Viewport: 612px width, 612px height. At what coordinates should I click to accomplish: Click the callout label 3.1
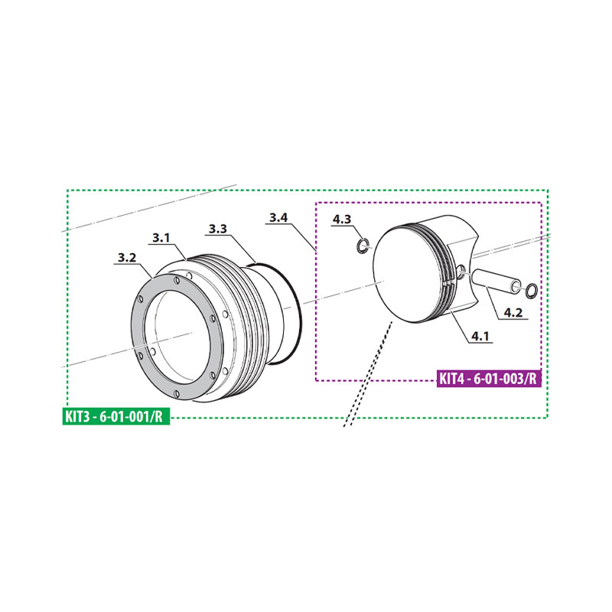[x=161, y=237]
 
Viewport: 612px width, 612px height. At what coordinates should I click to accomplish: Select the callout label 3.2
[x=126, y=258]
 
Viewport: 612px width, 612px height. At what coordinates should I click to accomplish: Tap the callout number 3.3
[x=218, y=229]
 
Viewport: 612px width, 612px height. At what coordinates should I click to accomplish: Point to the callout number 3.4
[x=278, y=217]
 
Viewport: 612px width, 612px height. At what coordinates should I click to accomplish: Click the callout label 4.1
[x=480, y=336]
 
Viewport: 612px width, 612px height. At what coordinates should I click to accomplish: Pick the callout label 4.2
[x=513, y=313]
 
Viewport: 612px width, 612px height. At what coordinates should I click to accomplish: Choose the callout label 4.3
[x=341, y=220]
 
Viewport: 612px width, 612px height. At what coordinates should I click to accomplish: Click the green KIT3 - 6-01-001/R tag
[x=116, y=416]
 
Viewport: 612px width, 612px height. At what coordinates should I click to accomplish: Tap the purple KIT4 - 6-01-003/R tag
[x=489, y=378]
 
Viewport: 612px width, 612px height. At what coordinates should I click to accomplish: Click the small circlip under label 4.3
[x=363, y=246]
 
